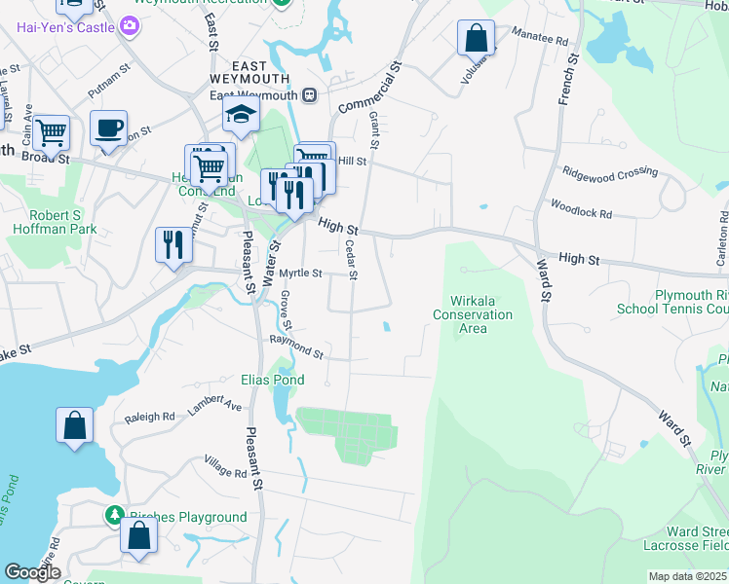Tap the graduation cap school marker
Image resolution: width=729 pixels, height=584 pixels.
coord(241,117)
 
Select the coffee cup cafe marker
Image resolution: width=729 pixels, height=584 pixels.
coord(108,128)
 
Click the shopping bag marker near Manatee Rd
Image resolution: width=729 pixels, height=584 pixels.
coord(476,39)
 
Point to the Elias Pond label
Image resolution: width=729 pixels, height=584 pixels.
coord(273,380)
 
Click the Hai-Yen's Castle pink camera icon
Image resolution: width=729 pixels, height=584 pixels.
coord(131,27)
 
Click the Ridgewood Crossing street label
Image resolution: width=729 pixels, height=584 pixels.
coord(610,172)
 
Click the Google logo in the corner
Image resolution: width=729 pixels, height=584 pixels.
coord(31,572)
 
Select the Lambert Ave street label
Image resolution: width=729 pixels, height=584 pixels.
coord(214,405)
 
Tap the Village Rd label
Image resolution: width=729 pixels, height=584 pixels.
coord(225,466)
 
